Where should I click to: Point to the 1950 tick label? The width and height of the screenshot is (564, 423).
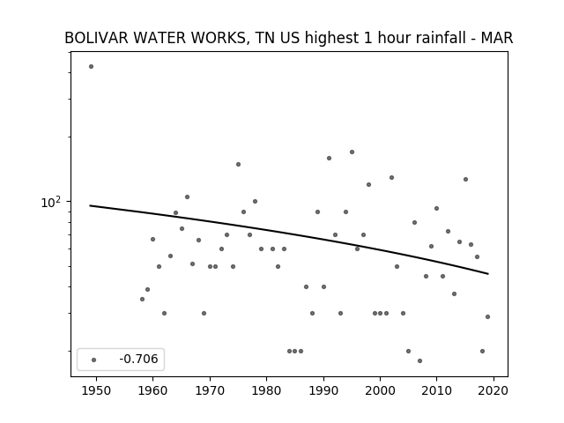coord(96,391)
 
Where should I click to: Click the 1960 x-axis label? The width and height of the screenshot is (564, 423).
coord(152,391)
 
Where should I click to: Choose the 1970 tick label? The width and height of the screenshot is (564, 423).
coord(210,391)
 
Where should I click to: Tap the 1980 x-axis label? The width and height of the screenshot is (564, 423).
coord(266,391)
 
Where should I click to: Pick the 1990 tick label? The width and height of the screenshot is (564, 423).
coord(323,391)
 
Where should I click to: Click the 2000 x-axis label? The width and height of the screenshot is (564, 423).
coord(380,391)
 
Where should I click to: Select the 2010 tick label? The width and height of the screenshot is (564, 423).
coord(437,391)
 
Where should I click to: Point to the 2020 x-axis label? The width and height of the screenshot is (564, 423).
coord(493,391)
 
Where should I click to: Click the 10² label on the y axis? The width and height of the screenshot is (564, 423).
coord(51,202)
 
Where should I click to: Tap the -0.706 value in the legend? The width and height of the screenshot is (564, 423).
coord(139,359)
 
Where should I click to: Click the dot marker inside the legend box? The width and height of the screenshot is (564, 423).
coord(94,360)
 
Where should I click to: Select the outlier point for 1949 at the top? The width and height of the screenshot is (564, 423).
coord(91,67)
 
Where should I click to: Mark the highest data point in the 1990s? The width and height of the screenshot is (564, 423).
coord(352,152)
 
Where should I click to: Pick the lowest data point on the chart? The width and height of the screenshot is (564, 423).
coord(419,360)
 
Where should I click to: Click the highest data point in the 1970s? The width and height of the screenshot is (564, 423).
coord(238,165)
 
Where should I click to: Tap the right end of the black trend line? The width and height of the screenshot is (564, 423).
coord(488,274)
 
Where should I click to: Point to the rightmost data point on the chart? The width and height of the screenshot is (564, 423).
coord(487,317)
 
